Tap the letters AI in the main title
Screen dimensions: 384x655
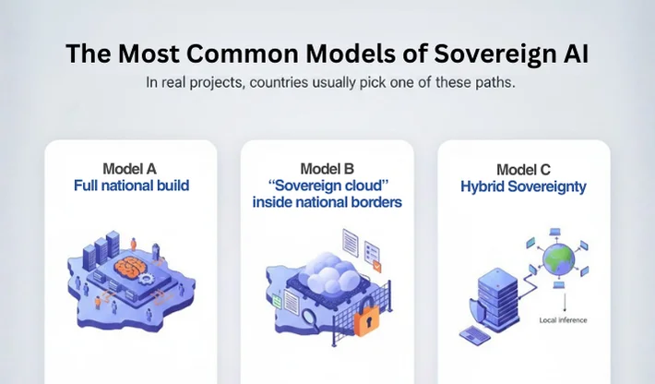click(573, 54)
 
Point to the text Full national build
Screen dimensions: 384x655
click(131, 185)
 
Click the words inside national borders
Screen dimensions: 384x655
click(327, 201)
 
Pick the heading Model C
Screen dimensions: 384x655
click(523, 170)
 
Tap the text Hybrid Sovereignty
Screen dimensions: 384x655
click(523, 186)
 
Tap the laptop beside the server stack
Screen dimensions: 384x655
click(472, 333)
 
